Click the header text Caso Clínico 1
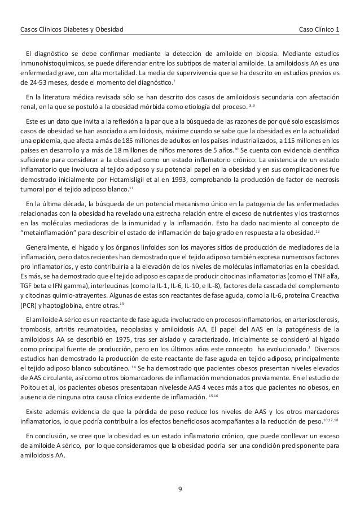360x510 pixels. tap(318, 28)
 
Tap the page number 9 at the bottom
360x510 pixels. tap(180, 482)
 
